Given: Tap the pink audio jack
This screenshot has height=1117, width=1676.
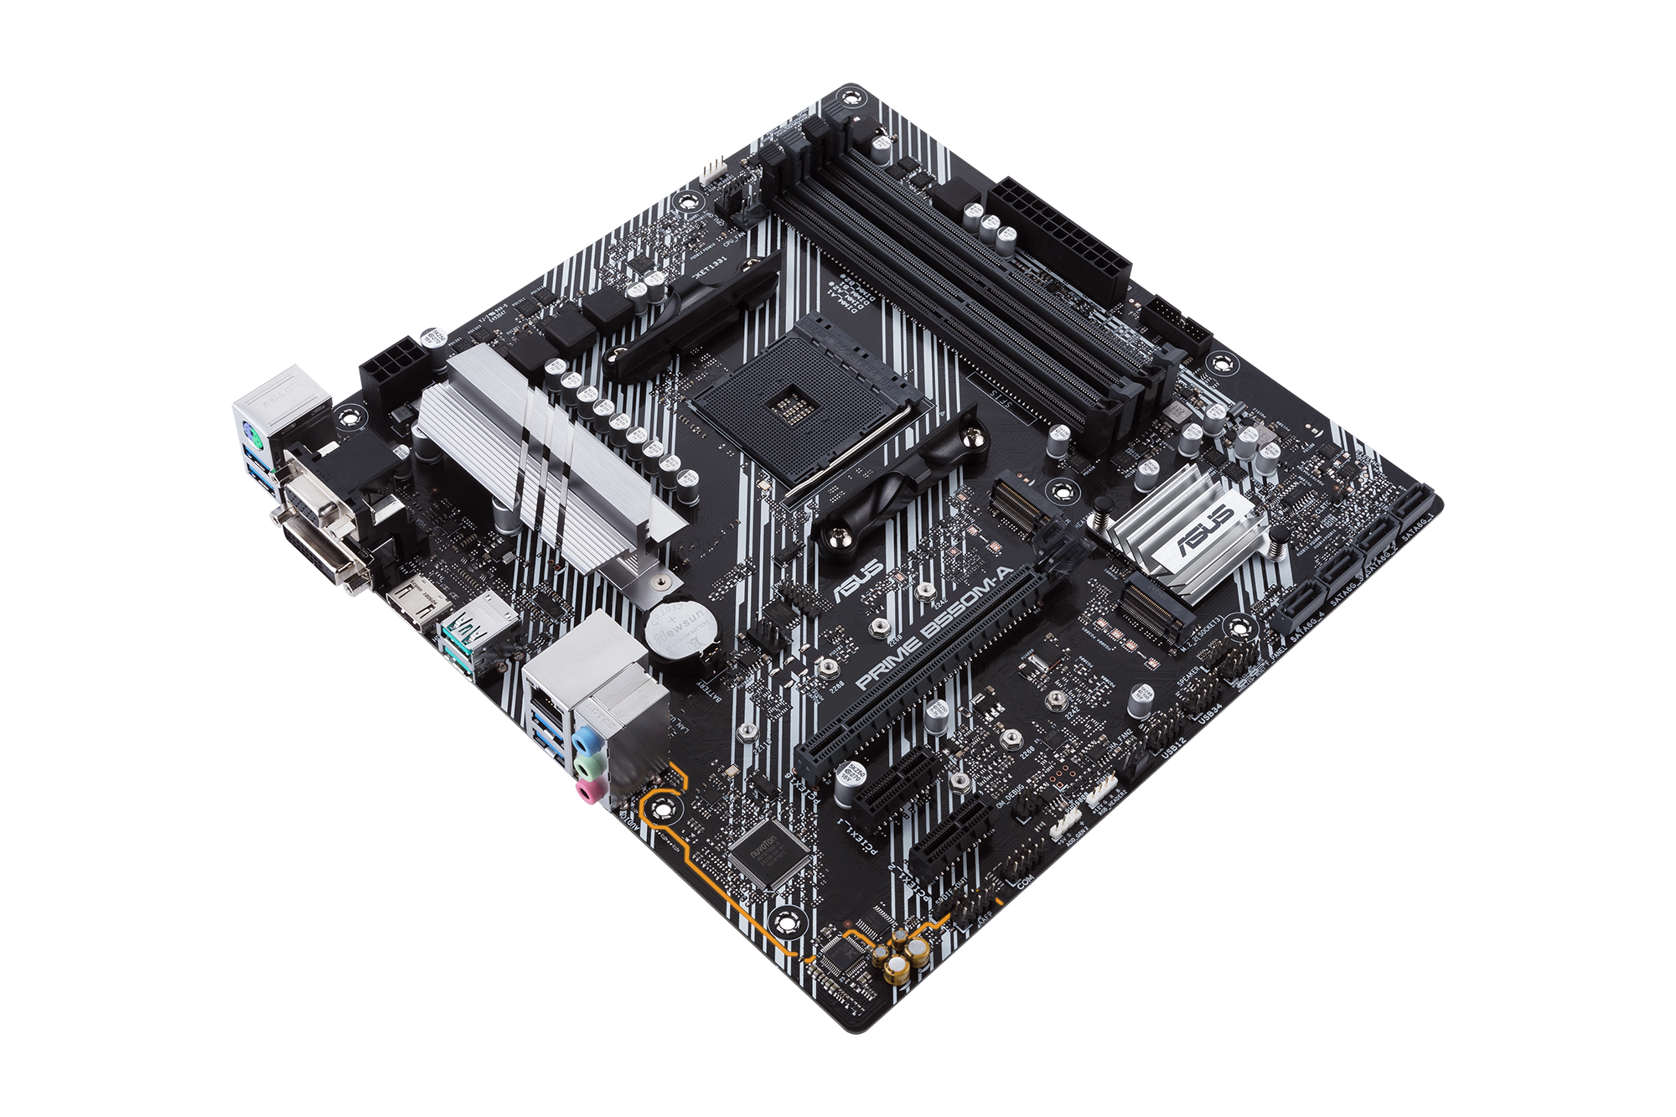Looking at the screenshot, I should [x=592, y=789].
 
